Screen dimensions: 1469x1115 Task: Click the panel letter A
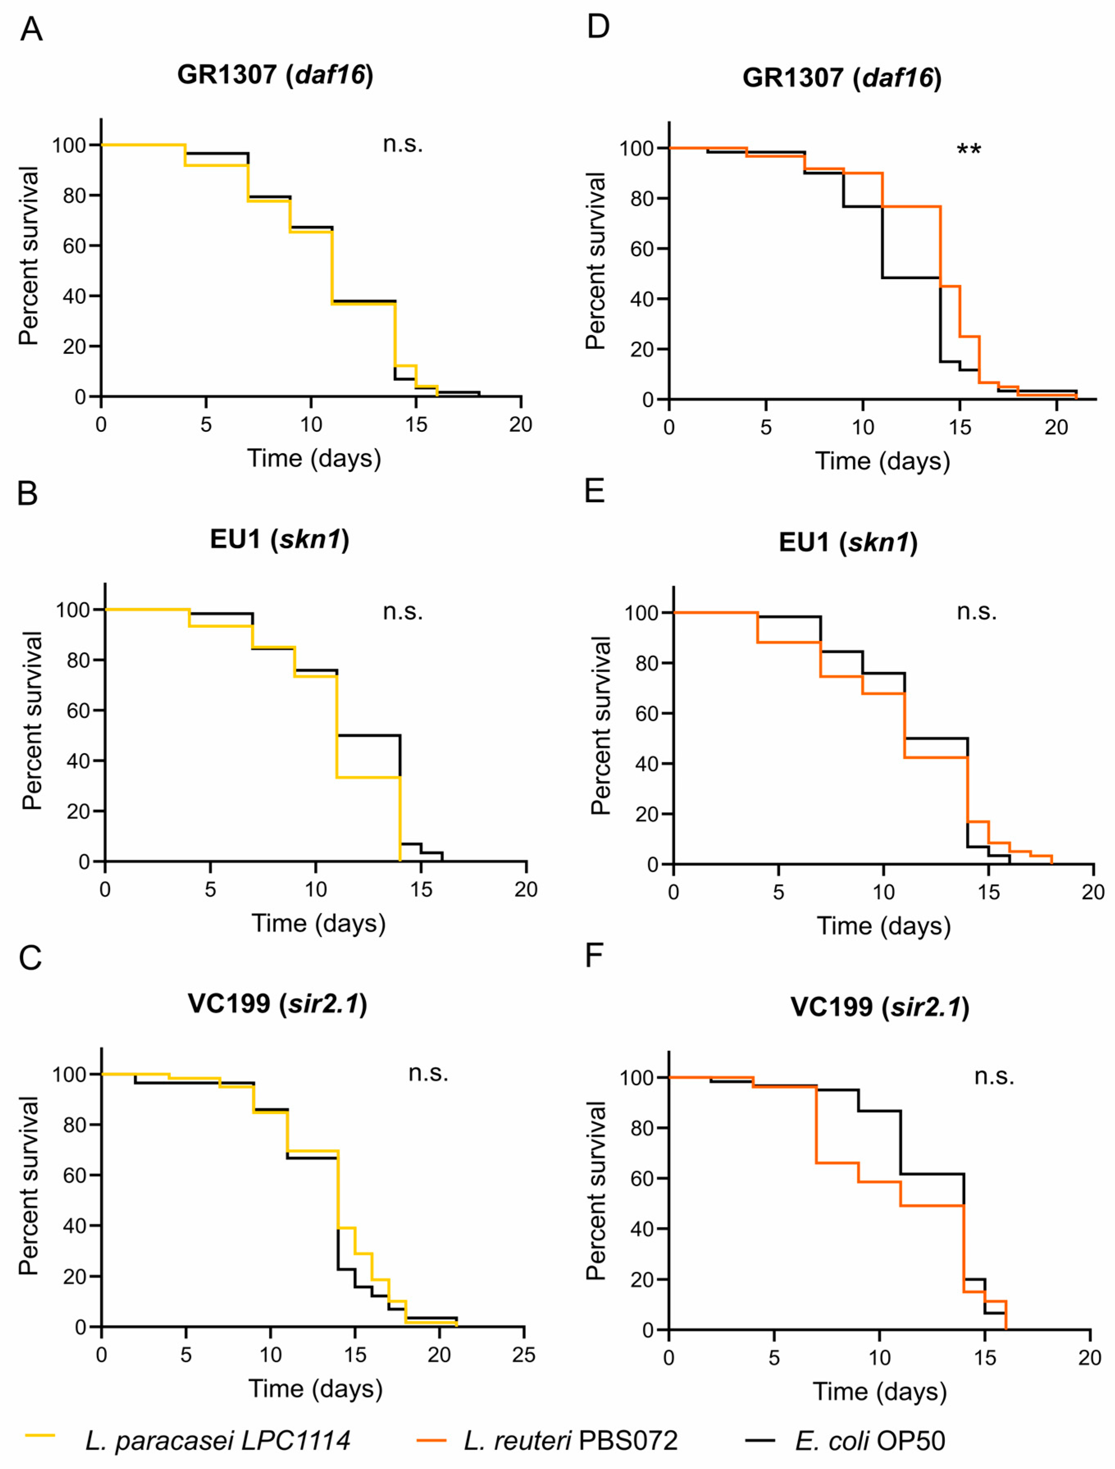point(31,30)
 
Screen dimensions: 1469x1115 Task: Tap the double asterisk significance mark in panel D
point(968,149)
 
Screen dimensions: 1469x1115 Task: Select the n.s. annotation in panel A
point(403,144)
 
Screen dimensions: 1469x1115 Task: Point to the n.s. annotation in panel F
point(994,1077)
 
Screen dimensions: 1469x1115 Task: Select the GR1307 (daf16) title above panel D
point(842,78)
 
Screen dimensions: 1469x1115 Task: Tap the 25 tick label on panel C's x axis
point(523,1355)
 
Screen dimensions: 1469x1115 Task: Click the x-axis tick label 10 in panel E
point(883,892)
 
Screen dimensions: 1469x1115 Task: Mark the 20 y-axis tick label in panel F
point(642,1280)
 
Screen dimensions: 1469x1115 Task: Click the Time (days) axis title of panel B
point(318,924)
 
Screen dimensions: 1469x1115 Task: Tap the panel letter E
point(594,492)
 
